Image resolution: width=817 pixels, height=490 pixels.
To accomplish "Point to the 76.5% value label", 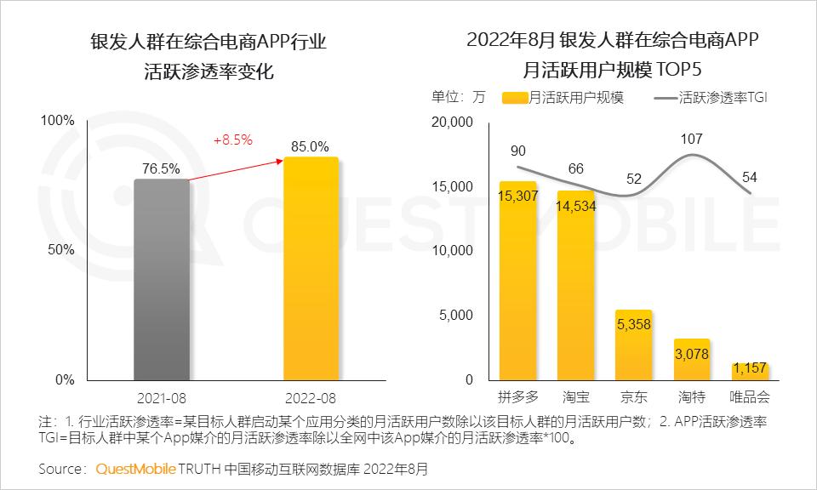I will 162,168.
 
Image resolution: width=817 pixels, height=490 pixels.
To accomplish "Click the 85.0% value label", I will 310,146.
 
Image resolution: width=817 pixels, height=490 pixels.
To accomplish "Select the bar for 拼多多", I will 517,281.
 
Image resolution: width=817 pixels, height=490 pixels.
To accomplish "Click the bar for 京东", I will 633,345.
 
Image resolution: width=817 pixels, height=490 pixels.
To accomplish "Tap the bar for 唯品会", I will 750,371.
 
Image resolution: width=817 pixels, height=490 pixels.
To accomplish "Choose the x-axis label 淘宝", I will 575,397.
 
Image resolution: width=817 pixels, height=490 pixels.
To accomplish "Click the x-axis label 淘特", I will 691,397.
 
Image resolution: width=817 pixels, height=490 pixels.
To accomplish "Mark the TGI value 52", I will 633,179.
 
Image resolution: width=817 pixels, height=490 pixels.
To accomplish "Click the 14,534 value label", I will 575,205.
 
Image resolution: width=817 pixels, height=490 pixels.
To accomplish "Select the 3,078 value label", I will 691,353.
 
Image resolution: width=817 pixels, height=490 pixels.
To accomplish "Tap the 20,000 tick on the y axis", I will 452,122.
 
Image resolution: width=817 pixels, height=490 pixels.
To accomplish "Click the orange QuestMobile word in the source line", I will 135,469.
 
